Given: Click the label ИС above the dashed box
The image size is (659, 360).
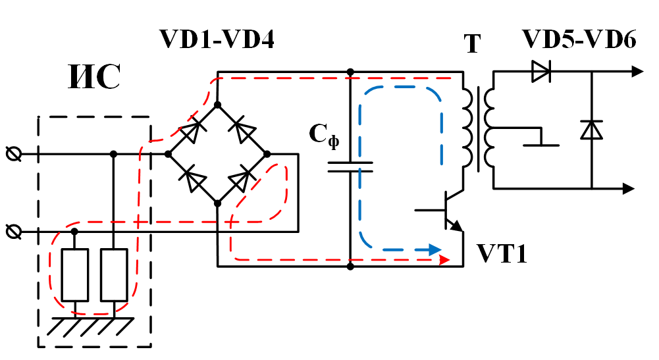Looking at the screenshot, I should coord(93,78).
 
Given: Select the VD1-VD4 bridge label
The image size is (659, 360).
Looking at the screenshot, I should coord(217,40).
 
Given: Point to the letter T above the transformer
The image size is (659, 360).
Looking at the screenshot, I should coord(472,45).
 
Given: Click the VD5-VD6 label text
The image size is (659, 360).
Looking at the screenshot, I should coord(579,40).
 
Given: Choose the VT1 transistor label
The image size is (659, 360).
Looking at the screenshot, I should coord(502,254).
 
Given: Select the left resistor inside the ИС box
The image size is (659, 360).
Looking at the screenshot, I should coord(74,274).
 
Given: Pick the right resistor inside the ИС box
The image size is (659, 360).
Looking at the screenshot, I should coord(113,274).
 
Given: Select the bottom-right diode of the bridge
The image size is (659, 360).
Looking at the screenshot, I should coord(243,178).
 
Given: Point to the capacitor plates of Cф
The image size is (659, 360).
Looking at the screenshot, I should coord(350,166).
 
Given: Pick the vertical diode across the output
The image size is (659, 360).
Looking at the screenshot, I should coord(591,130).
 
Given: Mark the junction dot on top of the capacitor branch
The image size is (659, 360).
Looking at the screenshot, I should coord(350,71).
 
